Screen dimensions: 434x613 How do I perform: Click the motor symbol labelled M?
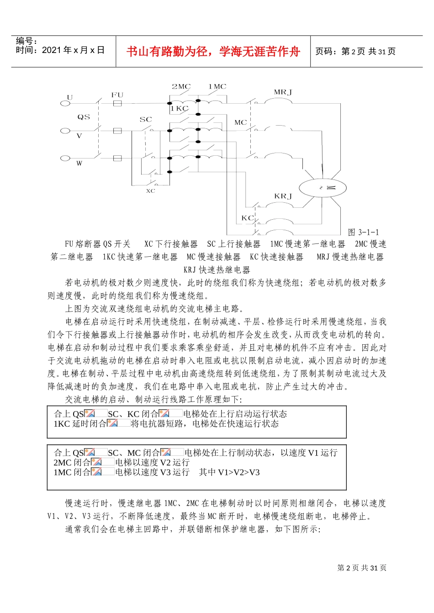pos(323,188)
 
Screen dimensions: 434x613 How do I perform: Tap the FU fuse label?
pos(117,95)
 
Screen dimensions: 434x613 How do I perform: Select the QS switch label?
pos(84,117)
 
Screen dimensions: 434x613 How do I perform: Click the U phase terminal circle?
pos(66,103)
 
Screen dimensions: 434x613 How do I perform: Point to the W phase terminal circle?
pos(66,158)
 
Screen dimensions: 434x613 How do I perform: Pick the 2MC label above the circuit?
pos(181,86)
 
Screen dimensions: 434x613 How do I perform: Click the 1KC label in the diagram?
pos(179,109)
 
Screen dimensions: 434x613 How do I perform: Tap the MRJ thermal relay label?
pos(283,92)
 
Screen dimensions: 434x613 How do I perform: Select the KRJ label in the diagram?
pos(283,196)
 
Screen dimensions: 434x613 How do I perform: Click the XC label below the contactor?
pos(151,191)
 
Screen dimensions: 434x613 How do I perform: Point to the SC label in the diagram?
pos(146,120)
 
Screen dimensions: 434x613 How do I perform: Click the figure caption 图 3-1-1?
pos(363,232)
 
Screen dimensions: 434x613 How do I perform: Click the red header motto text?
pos(213,52)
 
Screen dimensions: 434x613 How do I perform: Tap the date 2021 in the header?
pos(50,50)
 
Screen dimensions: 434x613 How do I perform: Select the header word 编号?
pos(26,41)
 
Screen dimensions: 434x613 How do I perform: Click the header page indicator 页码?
pos(326,52)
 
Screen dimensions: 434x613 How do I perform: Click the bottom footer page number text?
pos(362,568)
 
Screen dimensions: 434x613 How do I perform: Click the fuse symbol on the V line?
pos(117,131)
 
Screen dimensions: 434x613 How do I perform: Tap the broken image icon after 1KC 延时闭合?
pos(112,423)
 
